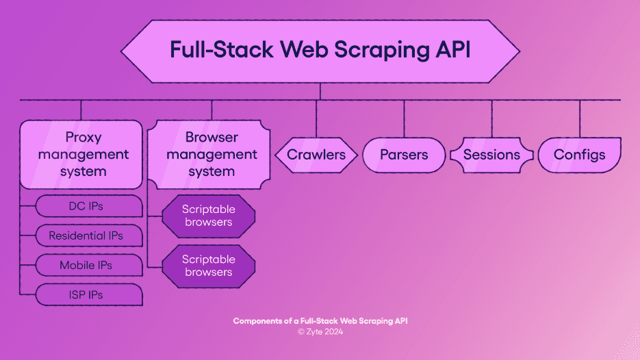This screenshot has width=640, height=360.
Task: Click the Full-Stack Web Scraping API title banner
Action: click(320, 51)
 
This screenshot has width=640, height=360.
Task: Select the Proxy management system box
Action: click(81, 155)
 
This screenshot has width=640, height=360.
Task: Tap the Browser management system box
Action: click(212, 155)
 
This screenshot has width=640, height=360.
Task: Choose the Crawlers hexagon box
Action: click(316, 155)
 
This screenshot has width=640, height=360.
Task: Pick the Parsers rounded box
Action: click(404, 155)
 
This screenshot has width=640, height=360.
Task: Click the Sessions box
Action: click(491, 155)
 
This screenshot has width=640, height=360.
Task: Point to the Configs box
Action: click(579, 155)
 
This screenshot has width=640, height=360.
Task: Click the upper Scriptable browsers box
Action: click(208, 216)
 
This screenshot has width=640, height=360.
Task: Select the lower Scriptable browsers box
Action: click(208, 266)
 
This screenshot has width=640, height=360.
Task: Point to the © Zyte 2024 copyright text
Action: click(320, 332)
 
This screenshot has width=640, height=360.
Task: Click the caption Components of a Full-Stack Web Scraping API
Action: click(320, 321)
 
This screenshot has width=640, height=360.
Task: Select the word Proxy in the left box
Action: click(84, 138)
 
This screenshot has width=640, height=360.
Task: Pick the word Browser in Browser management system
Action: click(212, 138)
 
